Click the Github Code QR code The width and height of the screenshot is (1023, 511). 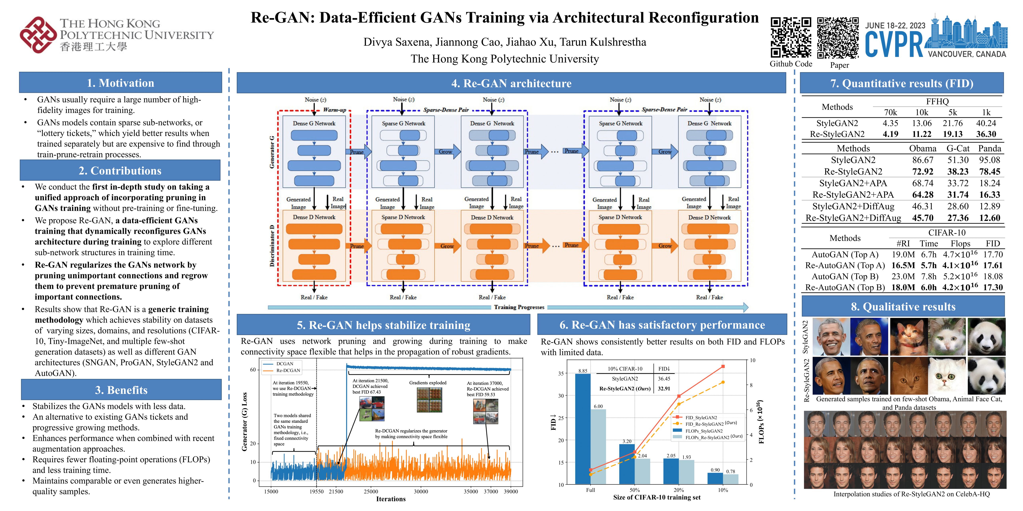click(791, 38)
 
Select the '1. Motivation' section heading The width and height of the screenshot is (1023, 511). click(120, 83)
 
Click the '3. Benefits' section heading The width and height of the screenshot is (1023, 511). click(121, 390)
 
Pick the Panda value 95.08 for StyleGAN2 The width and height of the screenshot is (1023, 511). click(989, 160)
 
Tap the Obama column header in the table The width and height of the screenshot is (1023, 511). click(922, 148)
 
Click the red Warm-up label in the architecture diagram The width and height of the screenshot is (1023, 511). click(334, 110)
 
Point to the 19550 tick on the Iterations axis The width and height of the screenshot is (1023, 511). click(316, 492)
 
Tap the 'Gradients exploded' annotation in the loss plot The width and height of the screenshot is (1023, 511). click(428, 383)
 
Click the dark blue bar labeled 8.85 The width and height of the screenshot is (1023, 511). click(583, 429)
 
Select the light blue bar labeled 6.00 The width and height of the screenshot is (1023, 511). click(598, 446)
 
